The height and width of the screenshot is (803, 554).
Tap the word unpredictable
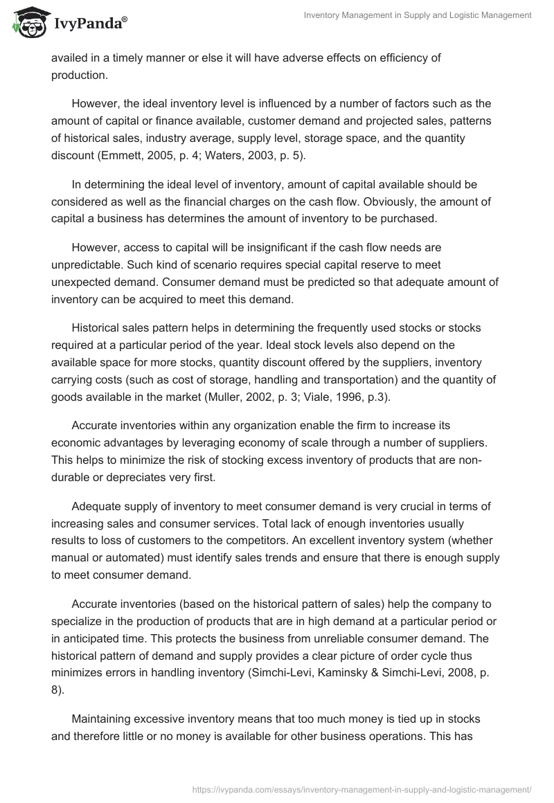(x=87, y=264)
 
